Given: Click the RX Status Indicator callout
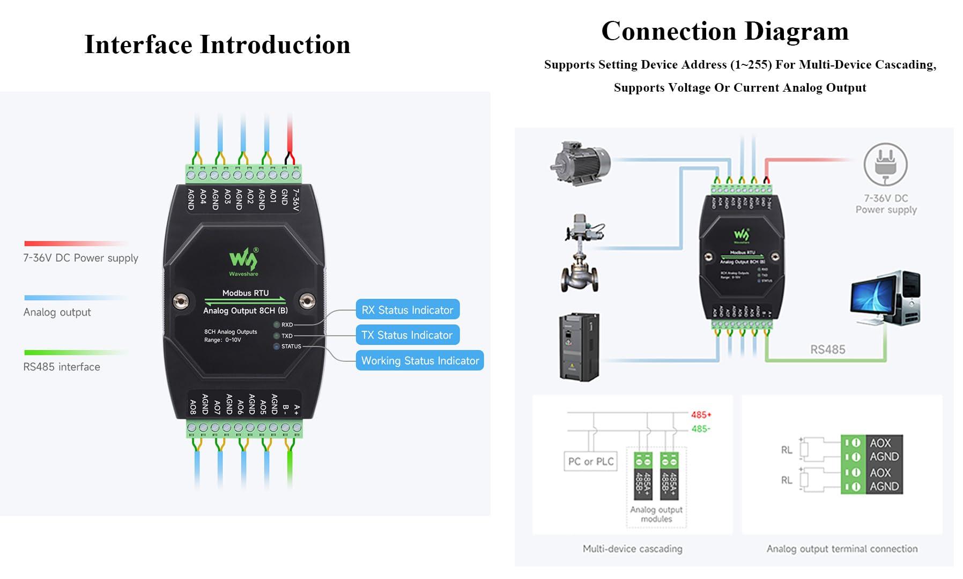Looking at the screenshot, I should [x=407, y=310].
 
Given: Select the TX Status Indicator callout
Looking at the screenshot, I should [x=407, y=335].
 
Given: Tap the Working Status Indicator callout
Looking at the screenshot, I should [x=420, y=361].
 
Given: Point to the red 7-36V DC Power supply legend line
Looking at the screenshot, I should [x=75, y=243].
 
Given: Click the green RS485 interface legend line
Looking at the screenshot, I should [x=75, y=352].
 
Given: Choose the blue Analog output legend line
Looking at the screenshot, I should [x=75, y=298].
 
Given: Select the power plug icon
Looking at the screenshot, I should [x=885, y=165].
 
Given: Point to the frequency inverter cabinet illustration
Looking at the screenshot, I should [x=579, y=347].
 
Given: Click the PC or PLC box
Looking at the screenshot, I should [x=590, y=462].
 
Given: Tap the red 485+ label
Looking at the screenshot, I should [x=701, y=415].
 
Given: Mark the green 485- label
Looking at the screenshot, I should [x=700, y=429].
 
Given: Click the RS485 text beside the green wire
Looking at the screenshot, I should [x=827, y=350].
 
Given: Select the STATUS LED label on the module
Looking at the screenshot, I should [x=291, y=346].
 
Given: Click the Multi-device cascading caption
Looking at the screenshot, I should [x=632, y=548].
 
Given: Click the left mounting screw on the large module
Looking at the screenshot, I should [x=181, y=301].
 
